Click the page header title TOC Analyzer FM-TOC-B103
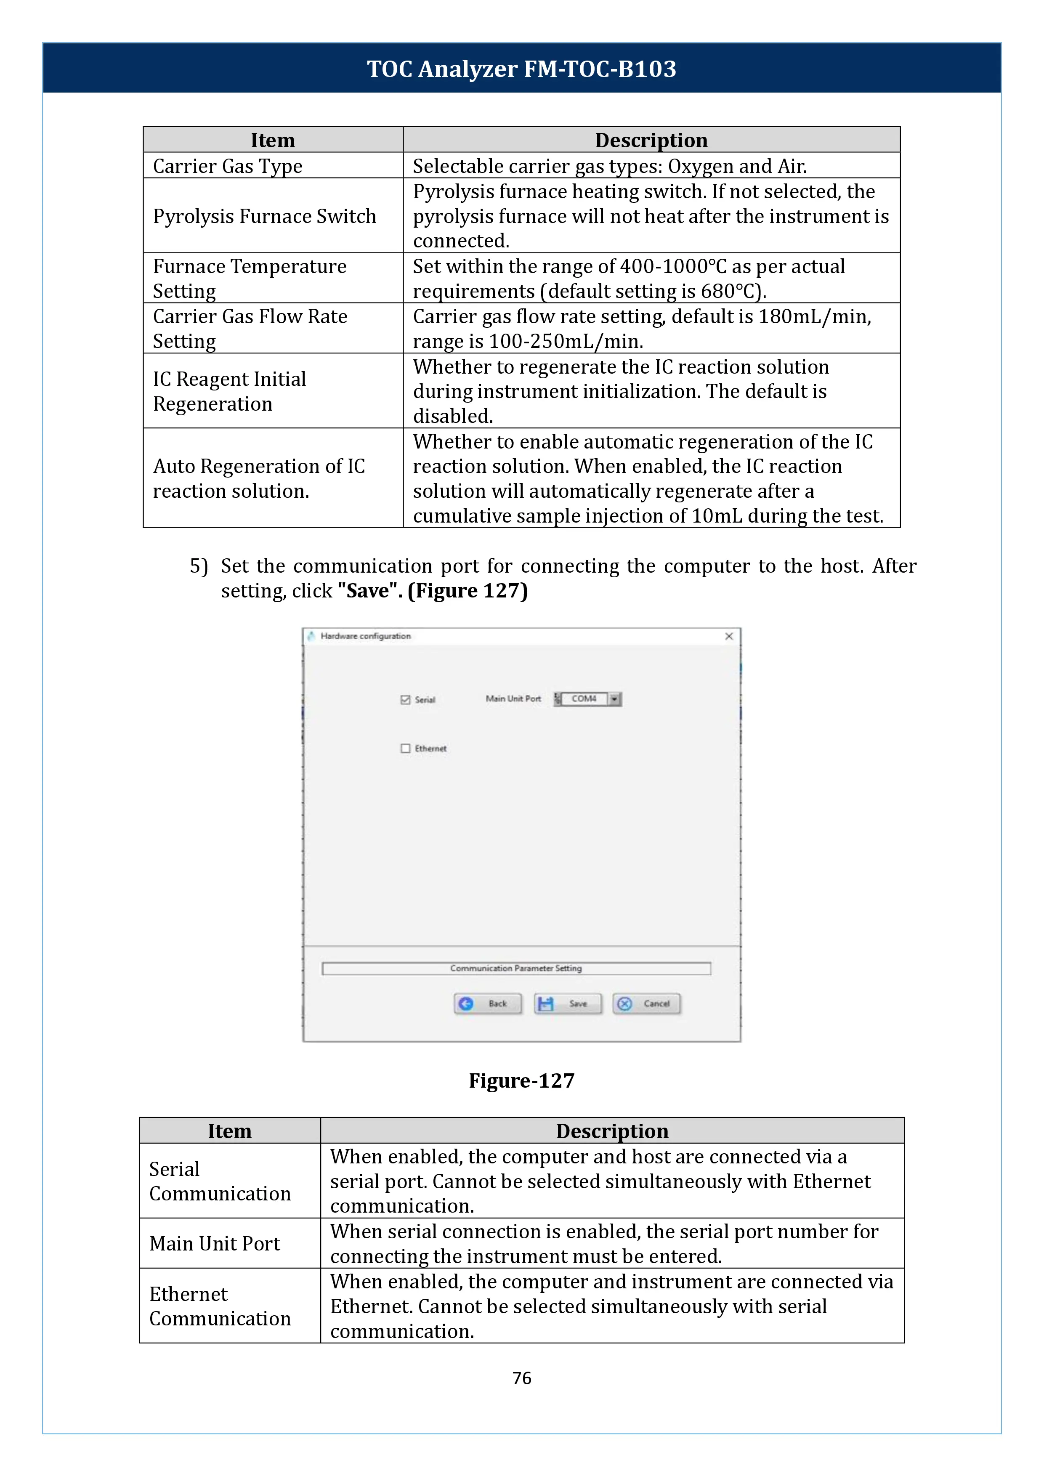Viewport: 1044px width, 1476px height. click(x=521, y=69)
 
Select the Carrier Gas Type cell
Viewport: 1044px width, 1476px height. click(x=228, y=166)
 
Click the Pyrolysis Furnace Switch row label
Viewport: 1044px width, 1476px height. click(x=264, y=216)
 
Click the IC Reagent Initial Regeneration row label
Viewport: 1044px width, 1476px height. click(x=229, y=391)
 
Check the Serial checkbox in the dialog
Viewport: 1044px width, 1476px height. click(x=405, y=699)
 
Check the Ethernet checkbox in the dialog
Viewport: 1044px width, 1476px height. click(x=405, y=748)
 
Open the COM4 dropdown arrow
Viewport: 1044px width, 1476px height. click(x=614, y=699)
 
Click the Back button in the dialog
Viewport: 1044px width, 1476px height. click(x=488, y=1003)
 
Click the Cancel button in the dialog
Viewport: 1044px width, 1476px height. click(x=647, y=1003)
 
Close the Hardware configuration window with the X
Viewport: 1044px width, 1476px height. click(x=729, y=637)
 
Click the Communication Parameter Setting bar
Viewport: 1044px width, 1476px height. click(x=516, y=968)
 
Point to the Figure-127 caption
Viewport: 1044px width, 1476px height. click(x=521, y=1080)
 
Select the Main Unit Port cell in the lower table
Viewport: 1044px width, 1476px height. click(x=215, y=1243)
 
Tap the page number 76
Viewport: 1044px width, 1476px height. click(x=521, y=1378)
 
